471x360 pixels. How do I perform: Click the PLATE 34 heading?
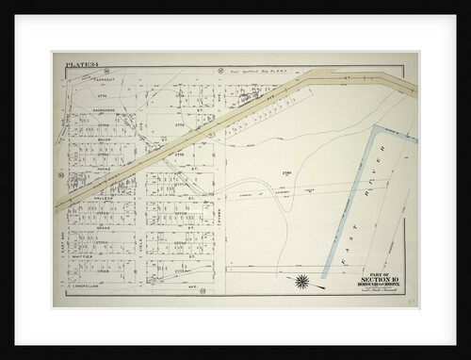pyautogui.click(x=81, y=65)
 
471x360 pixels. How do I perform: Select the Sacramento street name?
pyautogui.click(x=104, y=108)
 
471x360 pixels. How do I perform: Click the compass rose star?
pyautogui.click(x=304, y=281)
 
